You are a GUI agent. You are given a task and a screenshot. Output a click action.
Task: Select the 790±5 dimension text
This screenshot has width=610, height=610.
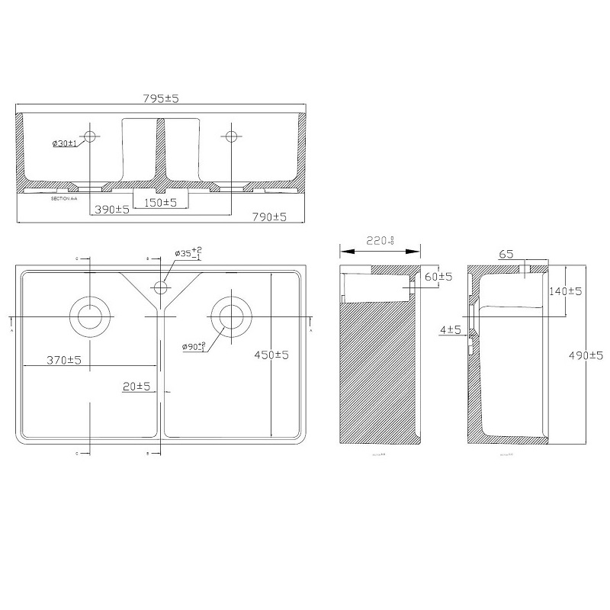pyautogui.click(x=268, y=217)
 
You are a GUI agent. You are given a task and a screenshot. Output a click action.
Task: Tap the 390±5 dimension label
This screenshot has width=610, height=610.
pyautogui.click(x=111, y=209)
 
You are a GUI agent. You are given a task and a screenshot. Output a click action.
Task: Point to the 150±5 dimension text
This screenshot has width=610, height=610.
pyautogui.click(x=159, y=202)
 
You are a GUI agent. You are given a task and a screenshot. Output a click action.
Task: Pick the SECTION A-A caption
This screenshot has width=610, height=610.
pyautogui.click(x=62, y=197)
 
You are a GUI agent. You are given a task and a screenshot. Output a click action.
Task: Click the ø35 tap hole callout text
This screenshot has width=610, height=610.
pyautogui.click(x=188, y=252)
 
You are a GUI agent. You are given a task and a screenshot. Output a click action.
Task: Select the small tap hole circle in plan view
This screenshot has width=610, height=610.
pyautogui.click(x=161, y=287)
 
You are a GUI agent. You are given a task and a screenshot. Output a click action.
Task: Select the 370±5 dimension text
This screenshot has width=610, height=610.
pyautogui.click(x=63, y=359)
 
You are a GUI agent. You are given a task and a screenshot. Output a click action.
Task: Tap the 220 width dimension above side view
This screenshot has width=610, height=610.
pyautogui.click(x=379, y=241)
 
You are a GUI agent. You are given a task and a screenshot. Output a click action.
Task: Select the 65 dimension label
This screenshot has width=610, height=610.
pyautogui.click(x=507, y=254)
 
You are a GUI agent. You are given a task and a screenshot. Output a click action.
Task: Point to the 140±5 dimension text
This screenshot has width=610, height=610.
pyautogui.click(x=565, y=291)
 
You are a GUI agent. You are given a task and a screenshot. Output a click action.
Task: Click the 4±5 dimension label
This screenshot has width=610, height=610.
pyautogui.click(x=451, y=329)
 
